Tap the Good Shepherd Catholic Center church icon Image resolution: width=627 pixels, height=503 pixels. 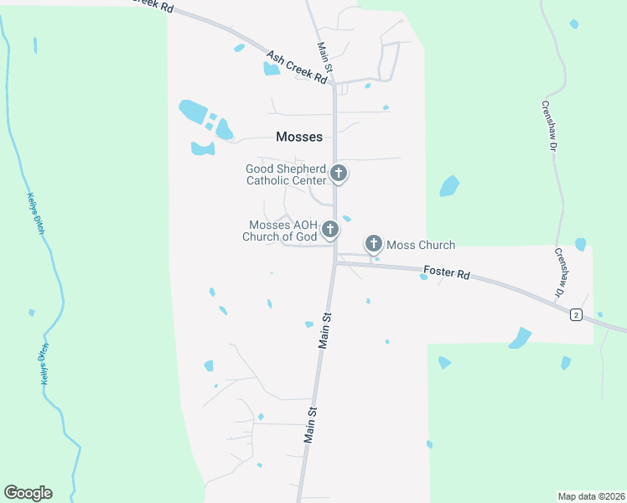click(339, 174)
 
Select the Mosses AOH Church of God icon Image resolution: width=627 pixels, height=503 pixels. click(330, 229)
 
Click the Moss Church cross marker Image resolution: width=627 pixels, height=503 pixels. click(374, 245)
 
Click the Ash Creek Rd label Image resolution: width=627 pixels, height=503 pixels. click(296, 67)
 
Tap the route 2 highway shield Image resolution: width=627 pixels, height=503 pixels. click(576, 314)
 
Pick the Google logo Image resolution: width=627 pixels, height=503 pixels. click(28, 493)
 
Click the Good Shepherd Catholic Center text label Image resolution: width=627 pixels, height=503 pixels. click(286, 174)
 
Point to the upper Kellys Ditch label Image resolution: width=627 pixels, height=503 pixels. click(33, 214)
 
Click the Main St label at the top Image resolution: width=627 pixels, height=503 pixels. click(324, 58)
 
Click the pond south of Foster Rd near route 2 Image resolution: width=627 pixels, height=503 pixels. click(520, 338)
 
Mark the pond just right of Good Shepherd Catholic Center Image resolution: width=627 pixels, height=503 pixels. click(449, 185)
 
